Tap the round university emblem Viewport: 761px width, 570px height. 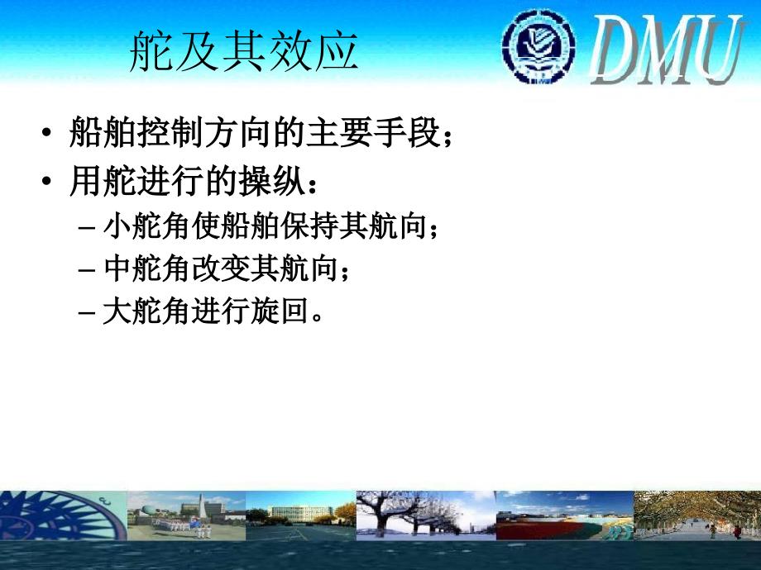pos(538,46)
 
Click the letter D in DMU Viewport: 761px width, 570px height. pos(615,50)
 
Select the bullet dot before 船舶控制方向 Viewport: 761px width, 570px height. pos(46,132)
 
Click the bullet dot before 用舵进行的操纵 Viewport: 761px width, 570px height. pos(46,181)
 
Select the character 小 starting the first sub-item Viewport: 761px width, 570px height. pos(117,226)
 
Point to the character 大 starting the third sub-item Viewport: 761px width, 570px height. pos(117,311)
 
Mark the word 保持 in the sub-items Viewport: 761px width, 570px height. pos(309,226)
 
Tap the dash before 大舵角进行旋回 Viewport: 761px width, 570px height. pos(86,311)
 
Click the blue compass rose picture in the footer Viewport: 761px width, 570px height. pos(63,515)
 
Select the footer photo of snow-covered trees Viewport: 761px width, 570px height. pos(426,515)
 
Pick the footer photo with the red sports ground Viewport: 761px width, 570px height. pos(565,515)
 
